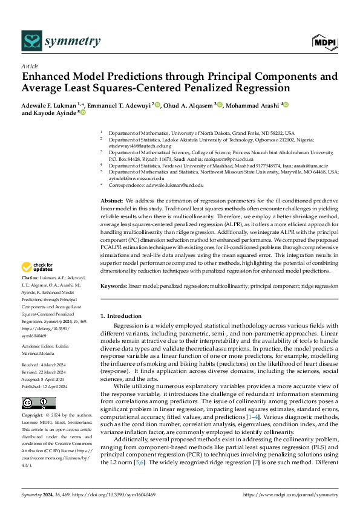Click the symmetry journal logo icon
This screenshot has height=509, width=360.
[31, 41]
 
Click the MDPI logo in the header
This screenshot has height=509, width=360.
[326, 41]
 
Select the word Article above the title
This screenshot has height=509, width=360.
[29, 66]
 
